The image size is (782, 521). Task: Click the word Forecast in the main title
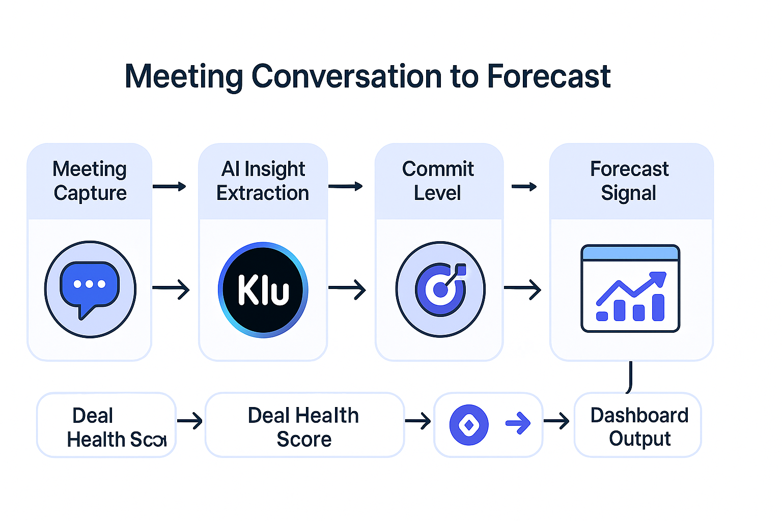coord(548,77)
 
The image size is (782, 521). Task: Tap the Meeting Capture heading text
coord(90,181)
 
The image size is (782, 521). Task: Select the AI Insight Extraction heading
coord(263,181)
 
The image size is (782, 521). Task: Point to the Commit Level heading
coord(438,181)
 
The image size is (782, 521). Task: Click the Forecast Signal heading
coord(629,181)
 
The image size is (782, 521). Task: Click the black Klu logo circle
coord(263,290)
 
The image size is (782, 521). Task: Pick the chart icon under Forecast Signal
coord(630,288)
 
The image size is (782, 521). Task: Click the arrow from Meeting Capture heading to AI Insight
coord(170,187)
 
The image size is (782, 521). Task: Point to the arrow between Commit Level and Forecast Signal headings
coord(524,187)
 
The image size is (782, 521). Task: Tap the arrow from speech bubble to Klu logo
coord(171,289)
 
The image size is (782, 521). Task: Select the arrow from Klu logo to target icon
coord(347,289)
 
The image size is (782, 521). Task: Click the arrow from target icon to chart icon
coord(522,289)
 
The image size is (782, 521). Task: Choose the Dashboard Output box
coord(638,425)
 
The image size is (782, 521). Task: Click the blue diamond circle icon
coord(469,425)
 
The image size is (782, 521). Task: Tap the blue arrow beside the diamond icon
coord(518,423)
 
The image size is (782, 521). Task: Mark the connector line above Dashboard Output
coord(630,377)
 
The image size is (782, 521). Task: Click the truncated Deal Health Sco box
coord(106,425)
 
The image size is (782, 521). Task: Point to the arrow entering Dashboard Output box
coord(556,421)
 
